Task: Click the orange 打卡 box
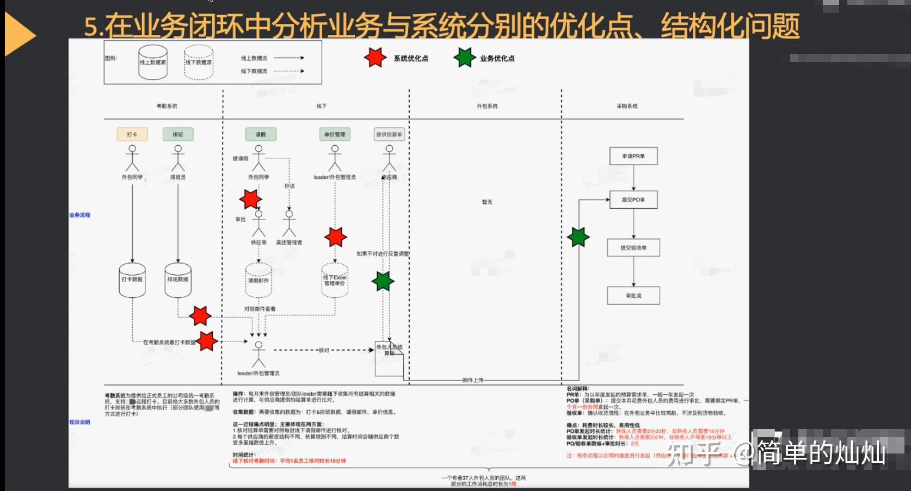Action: (x=132, y=134)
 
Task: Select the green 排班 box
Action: (x=178, y=134)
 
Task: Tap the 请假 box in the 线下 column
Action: (x=261, y=134)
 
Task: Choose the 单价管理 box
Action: (x=335, y=134)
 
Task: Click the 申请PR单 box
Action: (x=633, y=156)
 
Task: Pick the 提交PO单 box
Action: (x=633, y=200)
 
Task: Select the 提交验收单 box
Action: (x=633, y=247)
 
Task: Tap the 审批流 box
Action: (x=633, y=295)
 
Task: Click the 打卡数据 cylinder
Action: (x=132, y=279)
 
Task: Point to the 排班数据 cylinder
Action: (x=178, y=279)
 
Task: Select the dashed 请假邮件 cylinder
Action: (x=258, y=281)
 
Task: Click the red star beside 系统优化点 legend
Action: (x=375, y=58)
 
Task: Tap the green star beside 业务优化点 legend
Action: (x=464, y=58)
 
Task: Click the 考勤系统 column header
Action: (x=167, y=106)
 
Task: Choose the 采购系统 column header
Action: (x=627, y=106)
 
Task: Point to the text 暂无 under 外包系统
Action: (x=487, y=202)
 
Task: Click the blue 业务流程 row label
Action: (x=80, y=215)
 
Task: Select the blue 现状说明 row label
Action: (x=80, y=422)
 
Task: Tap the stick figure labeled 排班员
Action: (x=178, y=158)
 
